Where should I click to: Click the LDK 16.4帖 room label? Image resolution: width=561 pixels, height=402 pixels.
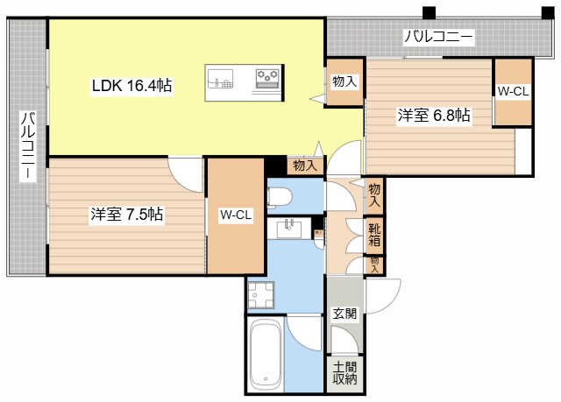click(x=131, y=86)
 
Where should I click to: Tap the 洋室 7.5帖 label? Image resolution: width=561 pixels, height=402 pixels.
click(x=125, y=215)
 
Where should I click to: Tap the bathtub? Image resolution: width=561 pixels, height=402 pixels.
click(x=265, y=353)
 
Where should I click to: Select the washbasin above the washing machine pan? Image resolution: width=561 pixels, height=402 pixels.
click(x=288, y=229)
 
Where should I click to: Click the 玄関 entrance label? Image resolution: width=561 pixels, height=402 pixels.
click(x=344, y=314)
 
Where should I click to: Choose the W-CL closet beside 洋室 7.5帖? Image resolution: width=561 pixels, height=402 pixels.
click(x=236, y=215)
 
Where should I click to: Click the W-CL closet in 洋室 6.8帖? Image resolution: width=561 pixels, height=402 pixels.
click(x=513, y=90)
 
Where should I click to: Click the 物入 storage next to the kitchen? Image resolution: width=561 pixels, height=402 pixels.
click(x=344, y=82)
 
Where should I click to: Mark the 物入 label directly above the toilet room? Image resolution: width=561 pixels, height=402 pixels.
click(x=304, y=165)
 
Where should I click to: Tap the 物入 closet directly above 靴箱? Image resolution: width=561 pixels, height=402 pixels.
click(x=375, y=195)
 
